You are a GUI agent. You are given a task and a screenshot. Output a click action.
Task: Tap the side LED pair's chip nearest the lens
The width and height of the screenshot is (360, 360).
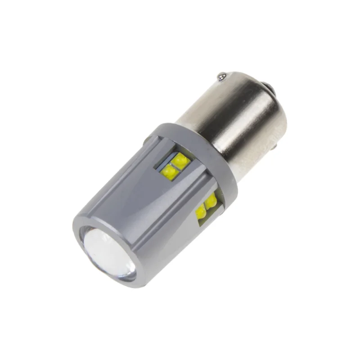click(x=201, y=211)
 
